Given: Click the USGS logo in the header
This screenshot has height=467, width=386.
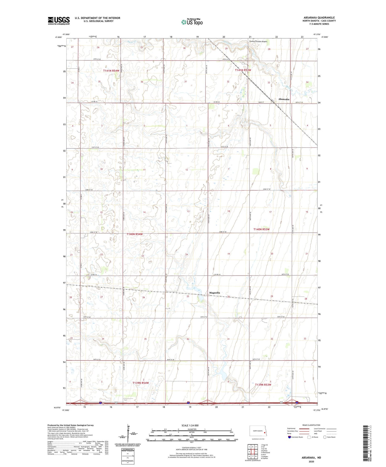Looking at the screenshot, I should tap(59, 21).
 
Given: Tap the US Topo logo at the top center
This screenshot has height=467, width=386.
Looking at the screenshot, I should tap(192, 22).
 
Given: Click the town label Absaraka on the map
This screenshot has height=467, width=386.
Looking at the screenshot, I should tap(284, 99).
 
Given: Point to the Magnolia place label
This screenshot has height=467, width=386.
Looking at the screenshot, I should tap(214, 293).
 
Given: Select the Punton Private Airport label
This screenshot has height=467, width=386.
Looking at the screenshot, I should tap(258, 41).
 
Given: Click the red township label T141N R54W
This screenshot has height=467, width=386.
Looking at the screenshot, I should tap(111, 71).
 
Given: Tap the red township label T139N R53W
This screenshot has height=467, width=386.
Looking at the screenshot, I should tap(263, 385).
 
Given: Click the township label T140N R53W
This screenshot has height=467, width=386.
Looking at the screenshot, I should tap(261, 229).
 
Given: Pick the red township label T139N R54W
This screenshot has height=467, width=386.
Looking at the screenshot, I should tap(141, 383).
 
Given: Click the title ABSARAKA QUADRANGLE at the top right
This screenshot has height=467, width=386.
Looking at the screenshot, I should tap(319, 18).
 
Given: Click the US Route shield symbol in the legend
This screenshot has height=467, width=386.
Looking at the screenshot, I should tap(309, 437).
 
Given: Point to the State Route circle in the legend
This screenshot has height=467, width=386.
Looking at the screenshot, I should tap(325, 437).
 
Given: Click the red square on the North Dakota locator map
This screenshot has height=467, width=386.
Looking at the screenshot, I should tap(264, 433).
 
